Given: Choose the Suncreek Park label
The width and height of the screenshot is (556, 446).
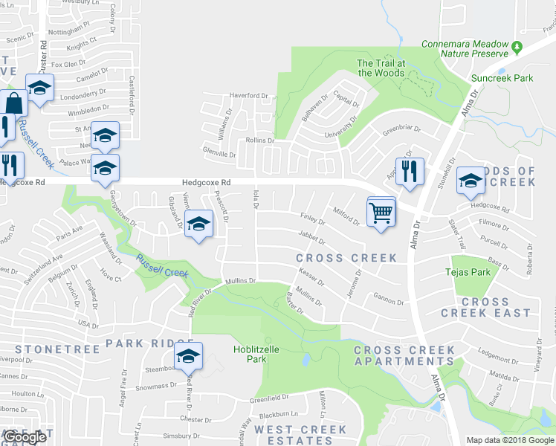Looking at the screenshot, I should point(502,77).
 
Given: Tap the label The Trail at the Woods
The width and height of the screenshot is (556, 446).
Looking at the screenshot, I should point(381,68).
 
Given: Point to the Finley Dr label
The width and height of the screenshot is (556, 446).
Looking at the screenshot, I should point(312,221).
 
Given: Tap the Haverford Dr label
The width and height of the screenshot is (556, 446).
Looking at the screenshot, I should point(248,96).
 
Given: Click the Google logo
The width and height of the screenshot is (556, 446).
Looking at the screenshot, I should point(25,437).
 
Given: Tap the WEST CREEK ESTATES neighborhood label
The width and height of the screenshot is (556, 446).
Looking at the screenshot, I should point(300,435).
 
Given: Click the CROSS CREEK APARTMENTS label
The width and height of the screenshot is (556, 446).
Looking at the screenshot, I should point(404,355).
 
